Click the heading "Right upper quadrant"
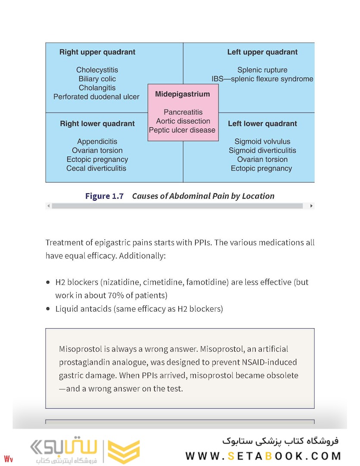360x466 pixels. click(97, 52)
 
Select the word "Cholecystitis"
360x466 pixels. click(97, 70)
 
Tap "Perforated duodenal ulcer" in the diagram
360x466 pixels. click(96, 97)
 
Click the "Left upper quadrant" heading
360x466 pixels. click(262, 52)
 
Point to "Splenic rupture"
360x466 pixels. click(262, 70)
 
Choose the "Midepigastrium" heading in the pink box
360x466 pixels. click(182, 94)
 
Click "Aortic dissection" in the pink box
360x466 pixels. click(183, 121)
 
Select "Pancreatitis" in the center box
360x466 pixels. click(183, 112)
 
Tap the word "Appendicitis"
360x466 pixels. click(97, 142)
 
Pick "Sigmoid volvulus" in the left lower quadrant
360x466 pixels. click(262, 142)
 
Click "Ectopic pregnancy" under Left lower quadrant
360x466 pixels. click(261, 168)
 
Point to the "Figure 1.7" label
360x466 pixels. click(104, 196)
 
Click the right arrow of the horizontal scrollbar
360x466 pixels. click(311, 206)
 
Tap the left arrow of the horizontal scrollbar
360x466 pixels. click(49, 206)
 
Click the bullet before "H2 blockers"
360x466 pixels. click(48, 282)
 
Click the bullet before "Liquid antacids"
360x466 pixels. click(48, 309)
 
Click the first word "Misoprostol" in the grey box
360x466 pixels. click(80, 349)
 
